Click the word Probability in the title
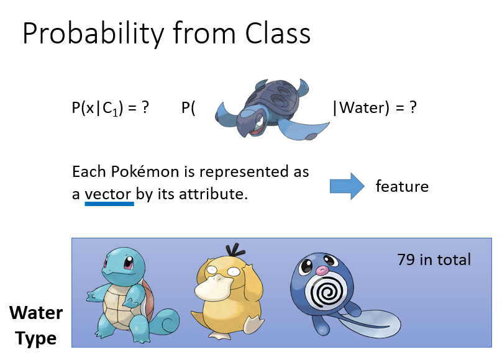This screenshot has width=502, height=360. point(93,34)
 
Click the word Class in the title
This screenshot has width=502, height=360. point(278,34)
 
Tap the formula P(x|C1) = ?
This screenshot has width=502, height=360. point(111,108)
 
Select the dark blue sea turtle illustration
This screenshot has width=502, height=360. point(272,109)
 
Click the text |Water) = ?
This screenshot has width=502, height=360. point(375,107)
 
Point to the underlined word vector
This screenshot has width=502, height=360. point(108,194)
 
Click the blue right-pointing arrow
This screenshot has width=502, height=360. point(347,186)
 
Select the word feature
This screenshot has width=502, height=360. point(402,186)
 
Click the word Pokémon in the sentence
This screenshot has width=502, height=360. point(145,172)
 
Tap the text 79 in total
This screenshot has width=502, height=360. point(434,259)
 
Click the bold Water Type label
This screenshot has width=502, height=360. point(36,325)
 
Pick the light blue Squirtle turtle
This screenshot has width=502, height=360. point(132,295)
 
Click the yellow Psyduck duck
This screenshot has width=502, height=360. point(228,292)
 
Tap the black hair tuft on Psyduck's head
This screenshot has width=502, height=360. point(235,250)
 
